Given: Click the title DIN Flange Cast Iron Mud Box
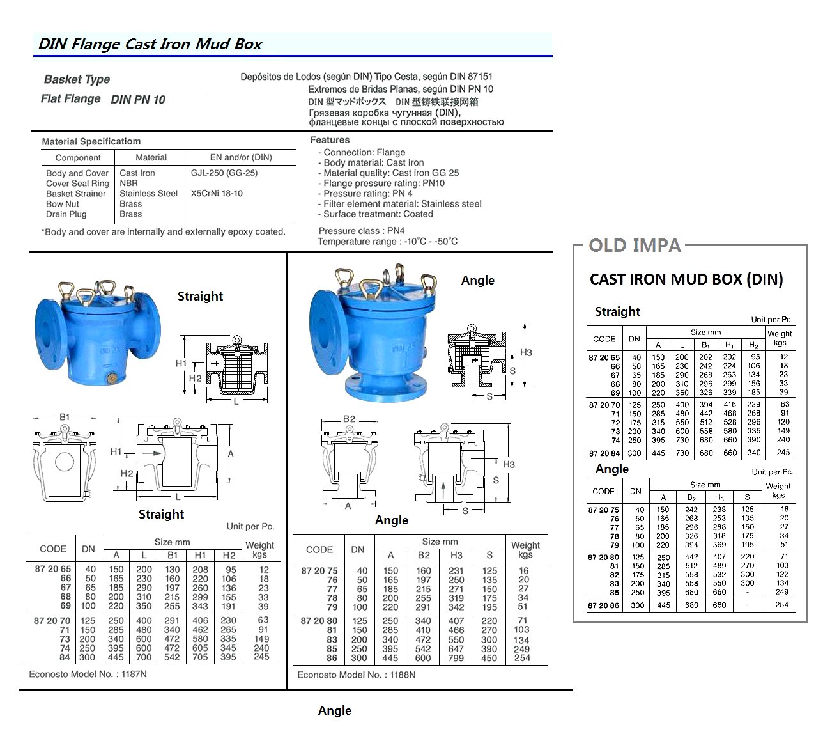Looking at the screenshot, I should point(150,44).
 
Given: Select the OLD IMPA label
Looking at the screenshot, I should point(634,246).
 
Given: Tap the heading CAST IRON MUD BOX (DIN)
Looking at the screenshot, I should point(686,279).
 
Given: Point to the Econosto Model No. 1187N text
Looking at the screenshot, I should point(88,674).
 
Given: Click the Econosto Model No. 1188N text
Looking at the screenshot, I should point(356,675).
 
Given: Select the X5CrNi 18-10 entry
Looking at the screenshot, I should point(217,193).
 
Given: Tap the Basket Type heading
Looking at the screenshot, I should point(77,79).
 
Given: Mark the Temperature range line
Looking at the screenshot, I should point(387,241).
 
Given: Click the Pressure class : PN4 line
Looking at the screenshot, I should point(361,231).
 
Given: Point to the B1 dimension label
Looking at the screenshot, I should point(65,417).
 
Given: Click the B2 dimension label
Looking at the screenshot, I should point(349,419).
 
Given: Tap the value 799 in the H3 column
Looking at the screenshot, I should point(456,657).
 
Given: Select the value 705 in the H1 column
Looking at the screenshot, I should point(200,657).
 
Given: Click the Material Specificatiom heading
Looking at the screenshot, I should point(91,141).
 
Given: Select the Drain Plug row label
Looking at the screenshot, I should point(66,214).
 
